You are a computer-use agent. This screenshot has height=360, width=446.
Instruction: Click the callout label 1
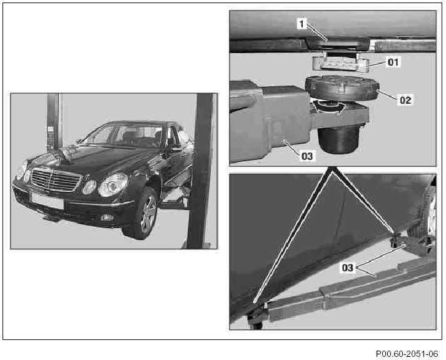(x=302, y=23)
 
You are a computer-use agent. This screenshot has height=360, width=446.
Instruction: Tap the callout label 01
(x=393, y=62)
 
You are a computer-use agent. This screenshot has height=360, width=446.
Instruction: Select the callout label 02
(x=405, y=100)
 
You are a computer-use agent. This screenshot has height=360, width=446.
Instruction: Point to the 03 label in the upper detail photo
(x=307, y=156)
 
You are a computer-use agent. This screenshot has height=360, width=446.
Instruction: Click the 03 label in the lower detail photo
(x=348, y=267)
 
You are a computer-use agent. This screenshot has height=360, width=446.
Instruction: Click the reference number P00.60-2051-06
(x=407, y=354)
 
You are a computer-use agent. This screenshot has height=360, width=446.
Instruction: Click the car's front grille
(x=56, y=179)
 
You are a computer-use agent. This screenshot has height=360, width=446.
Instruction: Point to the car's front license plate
(x=48, y=201)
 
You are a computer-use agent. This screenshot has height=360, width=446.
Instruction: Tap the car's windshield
(x=124, y=135)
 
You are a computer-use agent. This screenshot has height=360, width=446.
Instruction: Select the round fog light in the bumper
(x=106, y=217)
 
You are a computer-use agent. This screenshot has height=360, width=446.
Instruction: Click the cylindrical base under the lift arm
(x=338, y=139)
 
